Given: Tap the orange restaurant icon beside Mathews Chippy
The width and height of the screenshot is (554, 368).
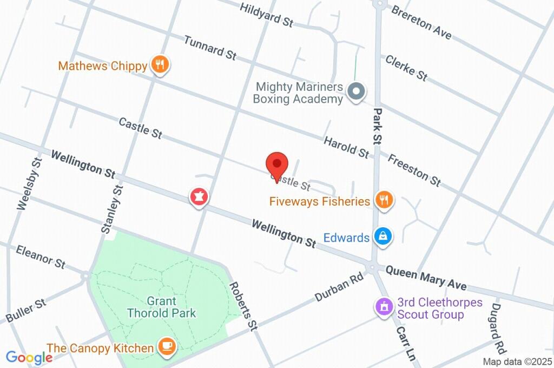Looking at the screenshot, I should [160, 65].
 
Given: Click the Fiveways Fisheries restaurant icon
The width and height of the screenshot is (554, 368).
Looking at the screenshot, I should [384, 200].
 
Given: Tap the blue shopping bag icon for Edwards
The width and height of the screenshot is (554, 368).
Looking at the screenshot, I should [383, 236].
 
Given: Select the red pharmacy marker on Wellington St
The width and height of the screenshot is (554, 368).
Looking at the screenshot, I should [199, 197].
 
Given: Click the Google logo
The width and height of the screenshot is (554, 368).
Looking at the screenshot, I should [29, 357].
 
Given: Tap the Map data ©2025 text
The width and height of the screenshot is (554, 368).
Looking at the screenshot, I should [517, 362].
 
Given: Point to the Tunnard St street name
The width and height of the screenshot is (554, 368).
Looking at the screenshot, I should [210, 47].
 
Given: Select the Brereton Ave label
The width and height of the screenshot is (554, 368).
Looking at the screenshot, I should [421, 22].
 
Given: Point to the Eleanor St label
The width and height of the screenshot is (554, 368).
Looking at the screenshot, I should [41, 257].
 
